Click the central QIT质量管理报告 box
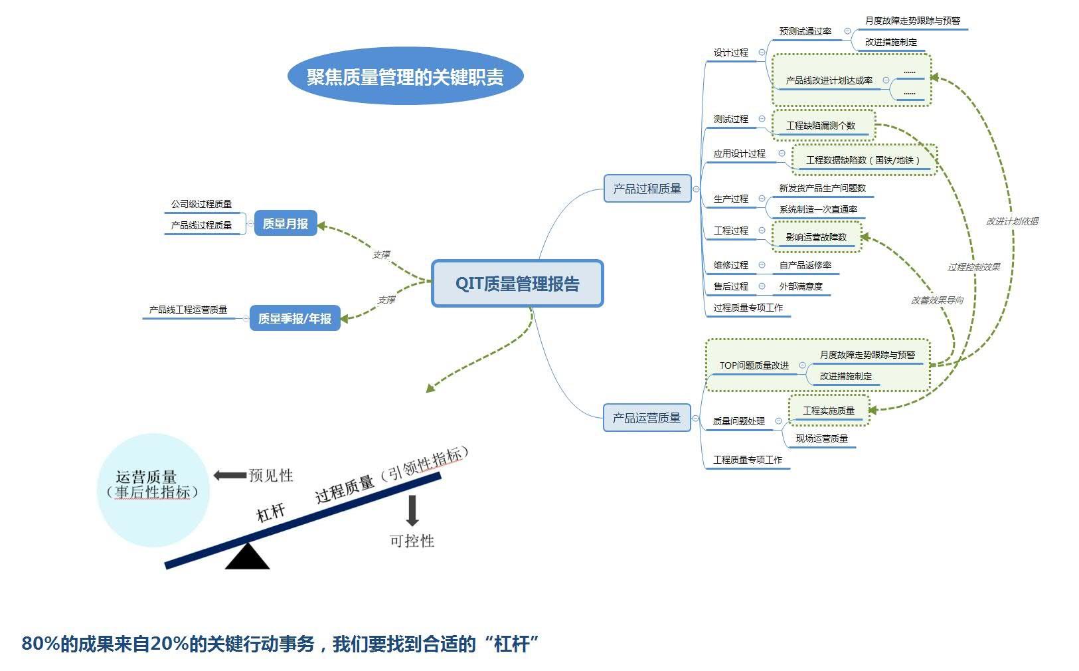(x=517, y=284)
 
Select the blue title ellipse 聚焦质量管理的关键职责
(x=405, y=76)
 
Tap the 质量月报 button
(x=286, y=224)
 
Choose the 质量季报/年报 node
(x=295, y=318)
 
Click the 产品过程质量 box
(x=647, y=189)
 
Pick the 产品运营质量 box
(x=647, y=418)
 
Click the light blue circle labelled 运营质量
(x=153, y=490)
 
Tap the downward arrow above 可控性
(x=412, y=510)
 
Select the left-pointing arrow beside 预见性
(x=230, y=475)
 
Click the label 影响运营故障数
(x=816, y=237)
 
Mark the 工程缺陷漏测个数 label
(x=821, y=126)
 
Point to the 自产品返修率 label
(x=805, y=265)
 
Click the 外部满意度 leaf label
(x=801, y=286)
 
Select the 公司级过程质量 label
(x=201, y=204)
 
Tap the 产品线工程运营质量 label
(x=188, y=310)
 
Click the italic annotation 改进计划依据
(x=1012, y=221)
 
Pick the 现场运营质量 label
(x=821, y=438)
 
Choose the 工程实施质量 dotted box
(x=829, y=411)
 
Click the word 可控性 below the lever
(x=412, y=541)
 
